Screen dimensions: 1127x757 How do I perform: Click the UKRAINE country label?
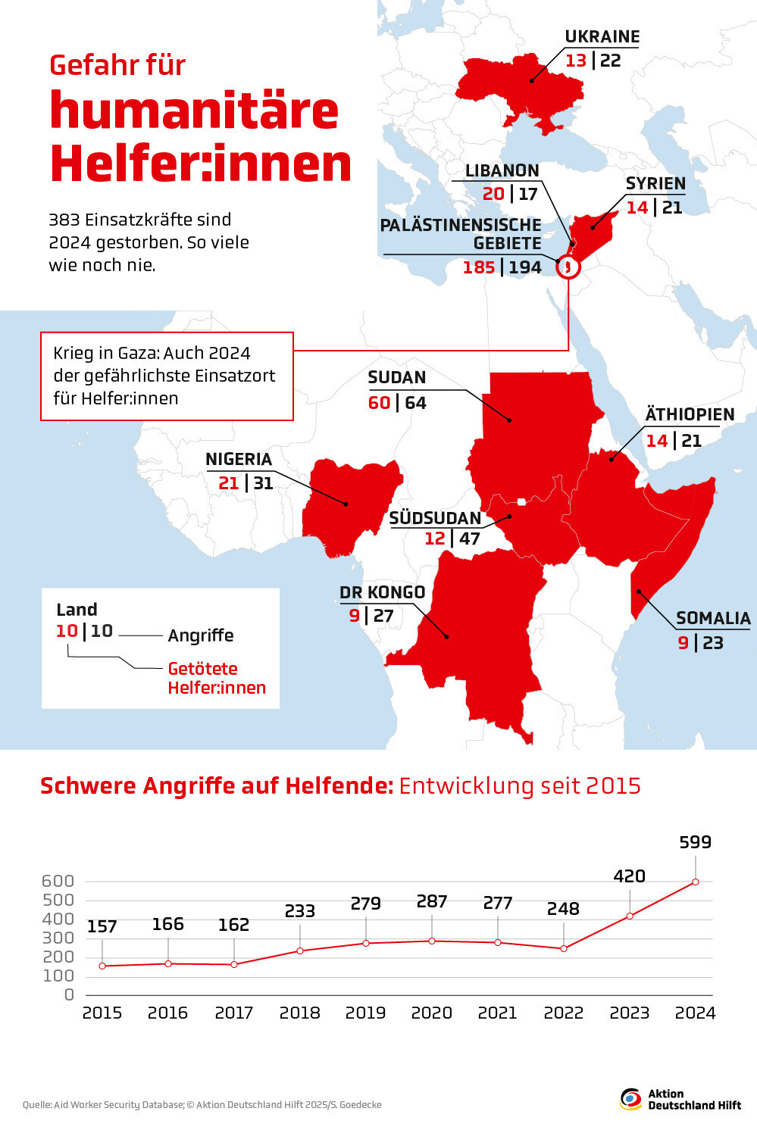coord(602,36)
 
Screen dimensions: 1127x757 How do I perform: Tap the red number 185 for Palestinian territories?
coord(478,267)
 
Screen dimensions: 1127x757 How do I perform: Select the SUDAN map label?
coord(396,377)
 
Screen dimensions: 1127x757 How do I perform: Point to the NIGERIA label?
coord(238,459)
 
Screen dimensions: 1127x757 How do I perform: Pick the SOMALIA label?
coord(712,618)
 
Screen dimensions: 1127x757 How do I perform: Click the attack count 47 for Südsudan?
coord(469,539)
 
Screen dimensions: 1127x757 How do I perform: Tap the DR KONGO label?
coord(382,592)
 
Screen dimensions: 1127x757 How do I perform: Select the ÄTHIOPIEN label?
coord(690,414)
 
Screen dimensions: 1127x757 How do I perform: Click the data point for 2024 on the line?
coord(695,882)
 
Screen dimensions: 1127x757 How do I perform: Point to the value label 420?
coord(629,876)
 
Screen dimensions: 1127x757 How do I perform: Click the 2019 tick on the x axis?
coord(365,1013)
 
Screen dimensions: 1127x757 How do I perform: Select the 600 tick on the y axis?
coord(58,881)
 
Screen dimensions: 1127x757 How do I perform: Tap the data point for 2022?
coord(563,948)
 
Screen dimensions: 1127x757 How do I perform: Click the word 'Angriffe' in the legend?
coord(201,635)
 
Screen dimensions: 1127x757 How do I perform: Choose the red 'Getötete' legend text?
coord(202,669)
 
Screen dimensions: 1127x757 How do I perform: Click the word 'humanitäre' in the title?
coord(194,111)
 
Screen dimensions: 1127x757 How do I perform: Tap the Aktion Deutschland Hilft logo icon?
coord(630,1099)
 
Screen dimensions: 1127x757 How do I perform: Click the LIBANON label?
coord(502,170)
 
